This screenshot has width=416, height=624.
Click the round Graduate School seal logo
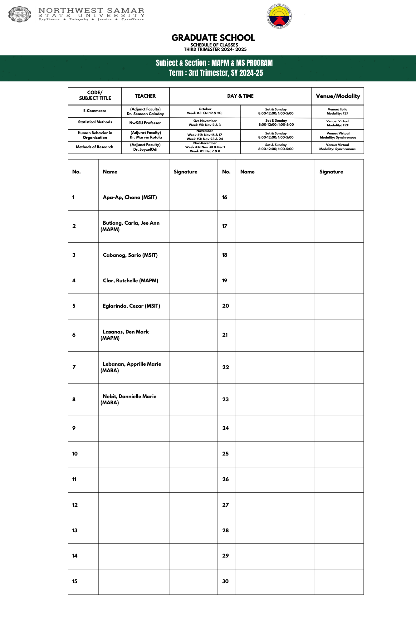click(x=279, y=16)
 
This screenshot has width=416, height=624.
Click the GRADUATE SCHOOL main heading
click(x=213, y=38)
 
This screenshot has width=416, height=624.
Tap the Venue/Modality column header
click(x=338, y=96)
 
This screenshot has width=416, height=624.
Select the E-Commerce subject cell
click(x=95, y=111)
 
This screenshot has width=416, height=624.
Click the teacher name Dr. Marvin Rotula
click(x=146, y=137)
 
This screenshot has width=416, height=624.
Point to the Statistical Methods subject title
click(x=95, y=122)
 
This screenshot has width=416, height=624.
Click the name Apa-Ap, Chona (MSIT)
click(x=130, y=197)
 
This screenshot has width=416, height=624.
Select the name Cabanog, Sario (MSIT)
click(x=130, y=255)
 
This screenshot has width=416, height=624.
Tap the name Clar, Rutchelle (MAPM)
click(x=130, y=280)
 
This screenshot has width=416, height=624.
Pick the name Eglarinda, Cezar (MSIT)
click(x=131, y=306)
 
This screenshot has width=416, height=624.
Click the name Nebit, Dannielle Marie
click(x=130, y=397)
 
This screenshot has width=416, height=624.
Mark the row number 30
click(x=225, y=581)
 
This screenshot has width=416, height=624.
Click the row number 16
click(x=225, y=197)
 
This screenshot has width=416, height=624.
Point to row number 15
click(x=75, y=581)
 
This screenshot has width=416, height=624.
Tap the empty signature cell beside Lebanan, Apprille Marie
click(x=193, y=367)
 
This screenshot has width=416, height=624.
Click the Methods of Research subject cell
click(x=95, y=147)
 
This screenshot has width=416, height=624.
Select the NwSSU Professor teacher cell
click(x=145, y=123)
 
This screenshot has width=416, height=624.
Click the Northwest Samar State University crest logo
click(x=19, y=14)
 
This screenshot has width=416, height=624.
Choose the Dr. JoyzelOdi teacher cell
click(x=145, y=149)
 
